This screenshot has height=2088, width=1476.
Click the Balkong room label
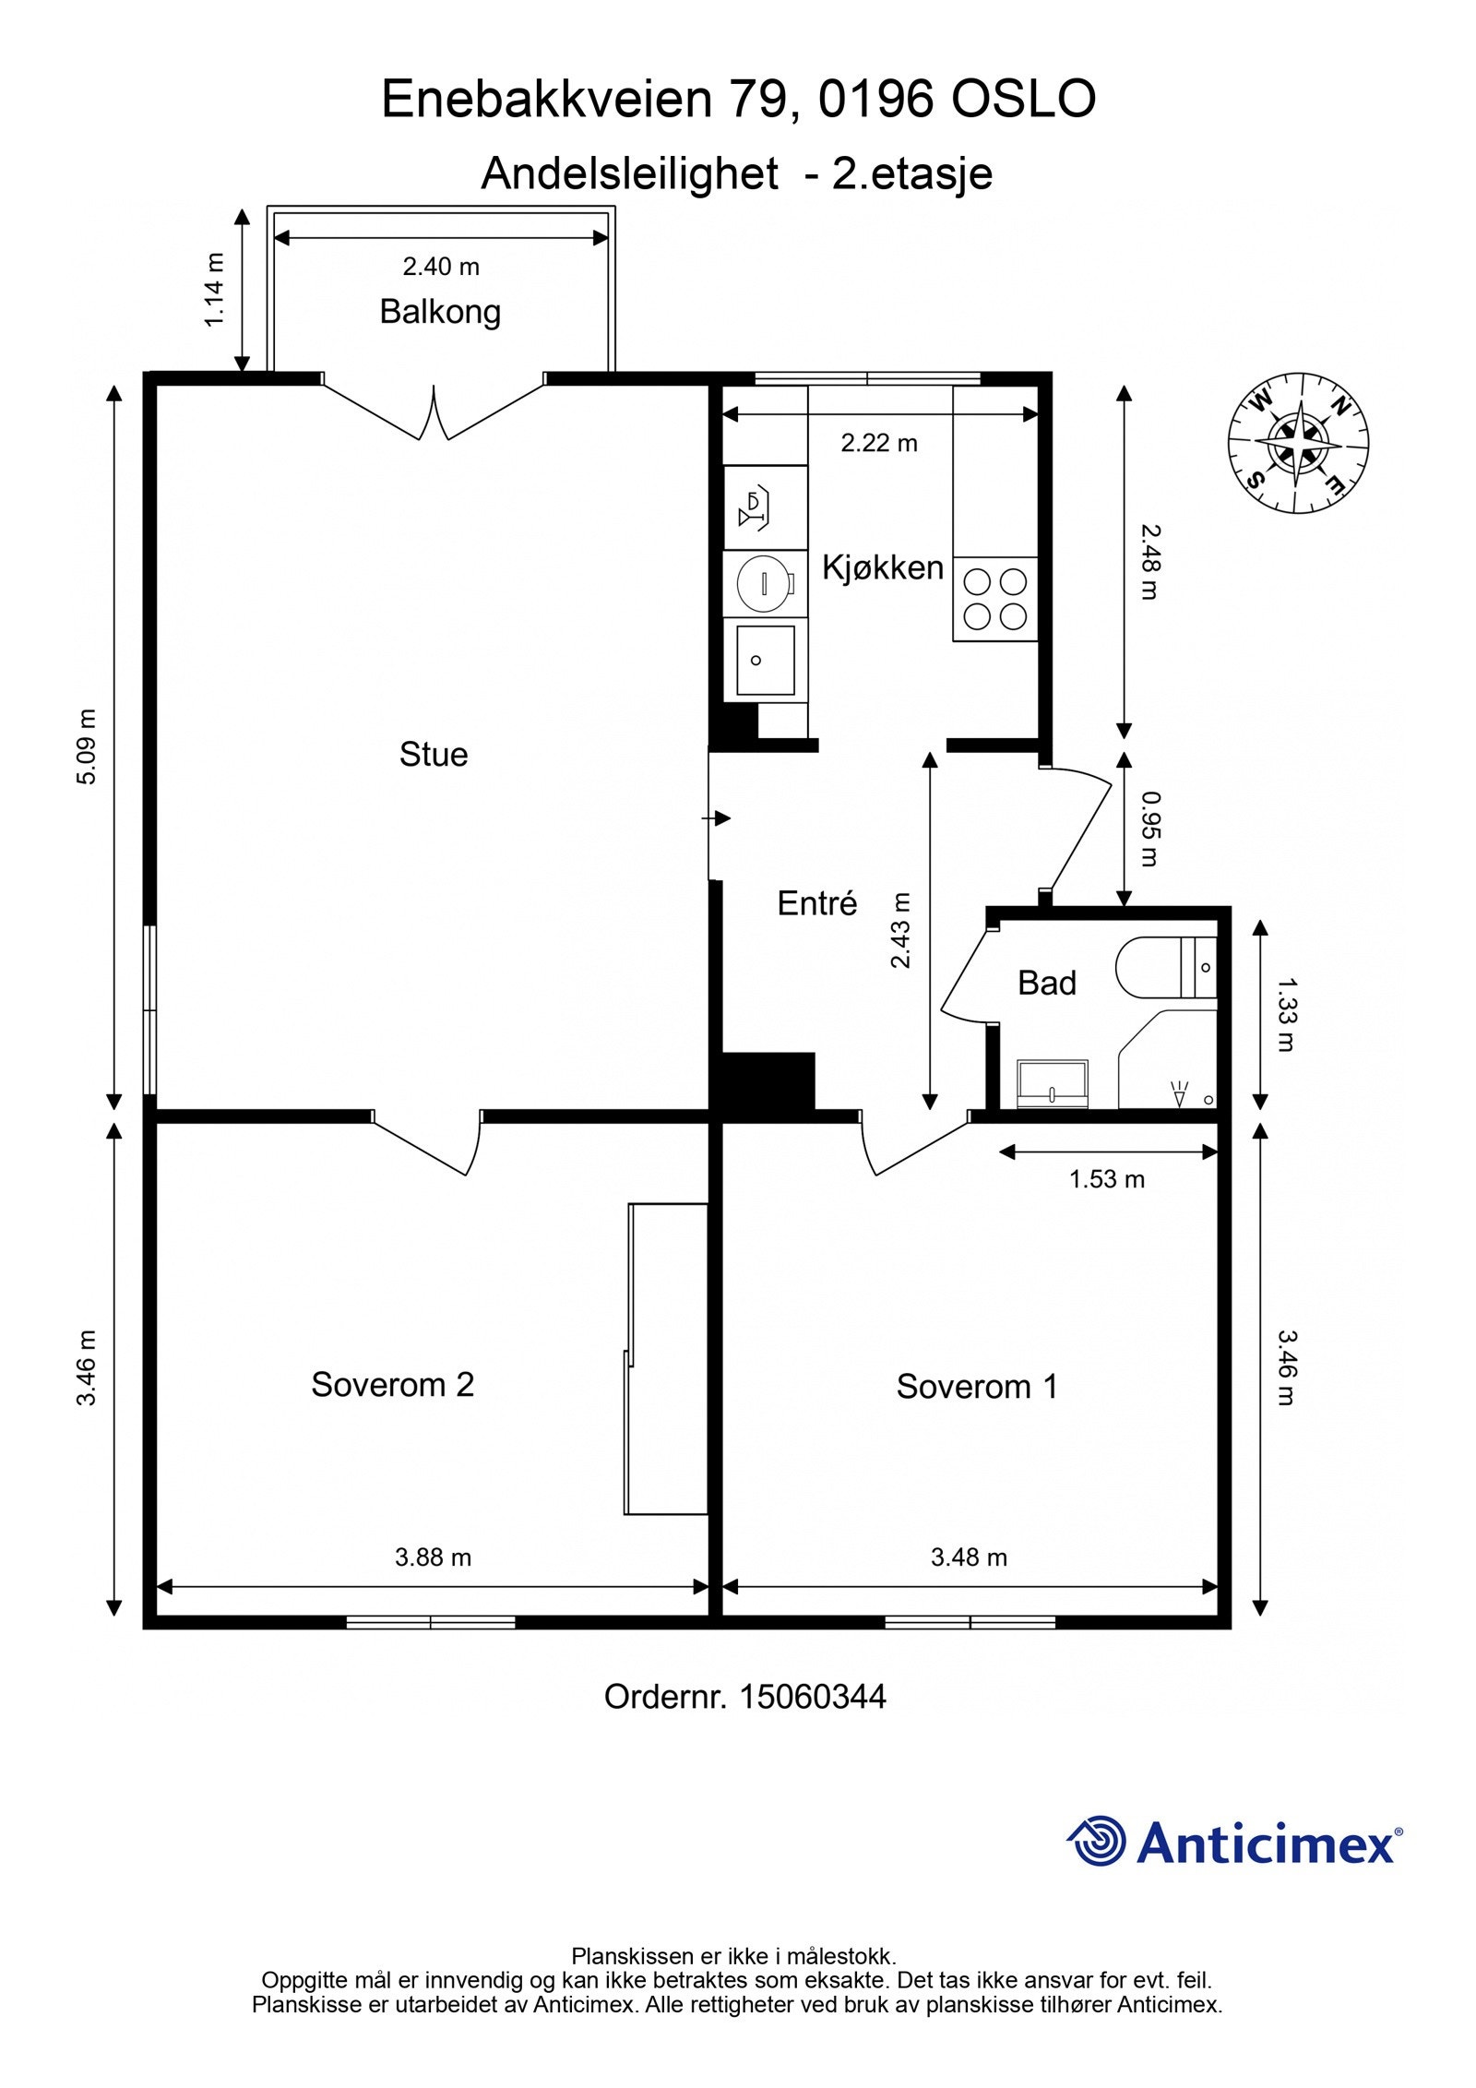tap(440, 312)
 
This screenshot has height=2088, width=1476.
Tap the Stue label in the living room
tap(434, 754)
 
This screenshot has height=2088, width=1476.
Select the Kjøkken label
tap(883, 567)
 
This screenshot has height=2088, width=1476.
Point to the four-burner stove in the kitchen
tap(995, 599)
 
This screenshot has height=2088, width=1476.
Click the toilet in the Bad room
tap(1166, 967)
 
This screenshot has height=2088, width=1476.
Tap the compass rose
tap(1298, 443)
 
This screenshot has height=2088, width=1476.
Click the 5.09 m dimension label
tap(86, 746)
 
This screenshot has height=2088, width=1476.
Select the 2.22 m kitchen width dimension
tap(879, 443)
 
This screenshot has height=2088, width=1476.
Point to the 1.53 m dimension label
tap(1107, 1178)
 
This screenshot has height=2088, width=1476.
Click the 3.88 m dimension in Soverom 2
tap(433, 1557)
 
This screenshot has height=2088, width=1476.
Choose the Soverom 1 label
tap(977, 1386)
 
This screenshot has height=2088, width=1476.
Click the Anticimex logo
tap(1234, 1841)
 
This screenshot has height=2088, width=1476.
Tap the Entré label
tap(817, 902)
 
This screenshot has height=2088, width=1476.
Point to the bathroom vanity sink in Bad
tap(1053, 1083)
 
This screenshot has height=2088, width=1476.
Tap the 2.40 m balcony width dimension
tap(441, 267)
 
